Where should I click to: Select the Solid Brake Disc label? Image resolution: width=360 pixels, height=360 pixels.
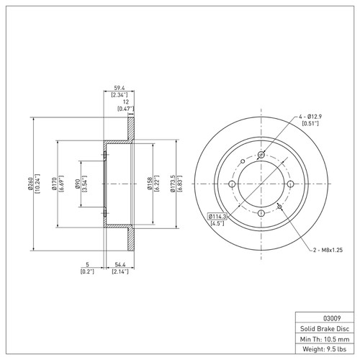click(x=323, y=328)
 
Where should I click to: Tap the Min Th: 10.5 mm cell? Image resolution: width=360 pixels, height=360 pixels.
click(x=323, y=338)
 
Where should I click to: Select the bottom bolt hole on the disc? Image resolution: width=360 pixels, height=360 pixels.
click(x=261, y=213)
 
